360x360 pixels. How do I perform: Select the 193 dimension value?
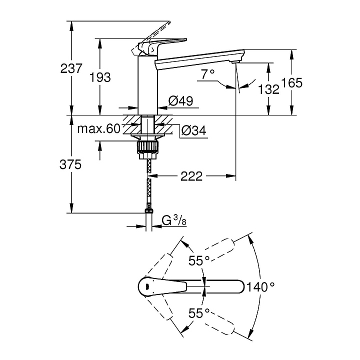pos(100,77)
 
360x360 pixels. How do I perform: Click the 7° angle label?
pos(207,74)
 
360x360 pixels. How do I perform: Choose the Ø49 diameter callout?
pos(180,101)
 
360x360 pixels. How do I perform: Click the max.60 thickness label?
pos(99,129)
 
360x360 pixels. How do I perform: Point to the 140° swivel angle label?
pos(261,287)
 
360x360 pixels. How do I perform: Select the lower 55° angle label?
pos(198,313)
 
